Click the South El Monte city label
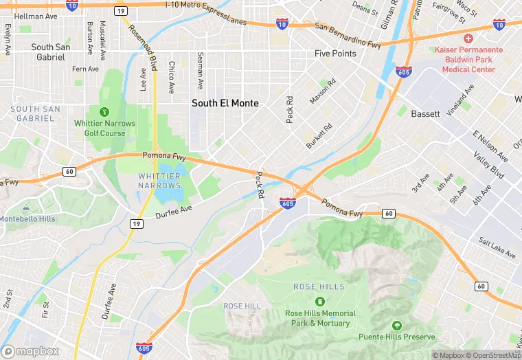(x=225, y=103)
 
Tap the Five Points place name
(x=335, y=54)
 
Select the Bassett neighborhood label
(x=425, y=114)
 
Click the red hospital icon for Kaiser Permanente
(x=468, y=38)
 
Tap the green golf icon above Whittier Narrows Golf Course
(x=104, y=111)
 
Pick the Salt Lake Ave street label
(x=497, y=248)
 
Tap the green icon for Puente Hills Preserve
(x=396, y=325)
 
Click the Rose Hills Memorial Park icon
(x=319, y=301)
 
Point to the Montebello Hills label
(x=27, y=218)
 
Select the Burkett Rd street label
(x=319, y=136)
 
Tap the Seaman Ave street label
(x=200, y=70)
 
